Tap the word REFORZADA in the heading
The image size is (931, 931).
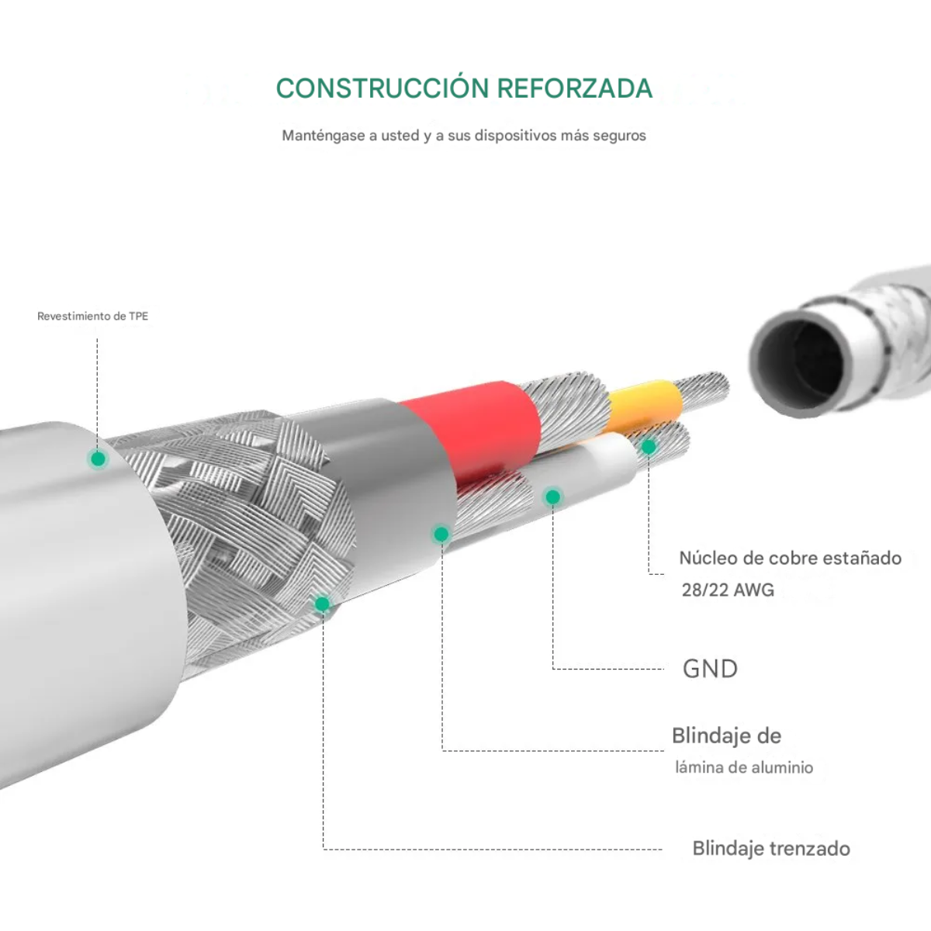574,88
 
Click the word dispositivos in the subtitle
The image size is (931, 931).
515,136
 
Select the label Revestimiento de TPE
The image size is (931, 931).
92,317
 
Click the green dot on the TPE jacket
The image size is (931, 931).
98,459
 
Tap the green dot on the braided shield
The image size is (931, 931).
322,604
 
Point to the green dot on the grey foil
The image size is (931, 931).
441,534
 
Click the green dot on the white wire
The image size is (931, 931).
552,497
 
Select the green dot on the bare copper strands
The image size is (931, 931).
649,446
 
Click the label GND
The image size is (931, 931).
710,669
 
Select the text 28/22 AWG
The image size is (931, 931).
728,590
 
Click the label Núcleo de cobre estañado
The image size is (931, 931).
790,558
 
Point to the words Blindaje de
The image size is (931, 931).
726,735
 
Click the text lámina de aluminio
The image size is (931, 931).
743,768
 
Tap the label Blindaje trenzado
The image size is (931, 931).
770,849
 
